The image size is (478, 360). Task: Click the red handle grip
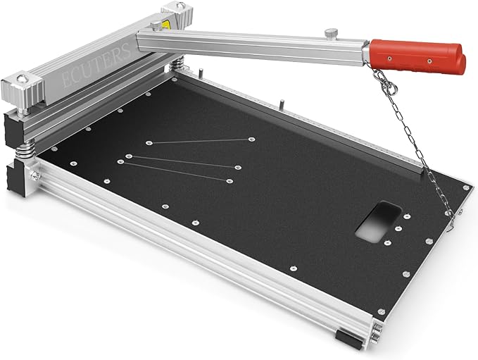417,57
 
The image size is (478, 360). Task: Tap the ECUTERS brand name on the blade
95,66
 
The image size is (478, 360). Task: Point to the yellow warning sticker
165,24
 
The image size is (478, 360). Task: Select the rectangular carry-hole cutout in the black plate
378,222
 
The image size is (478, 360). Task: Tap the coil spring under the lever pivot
175,65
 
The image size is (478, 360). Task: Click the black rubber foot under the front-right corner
349,340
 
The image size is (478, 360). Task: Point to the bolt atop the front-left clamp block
23,79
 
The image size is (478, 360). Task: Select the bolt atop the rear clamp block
181,5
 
